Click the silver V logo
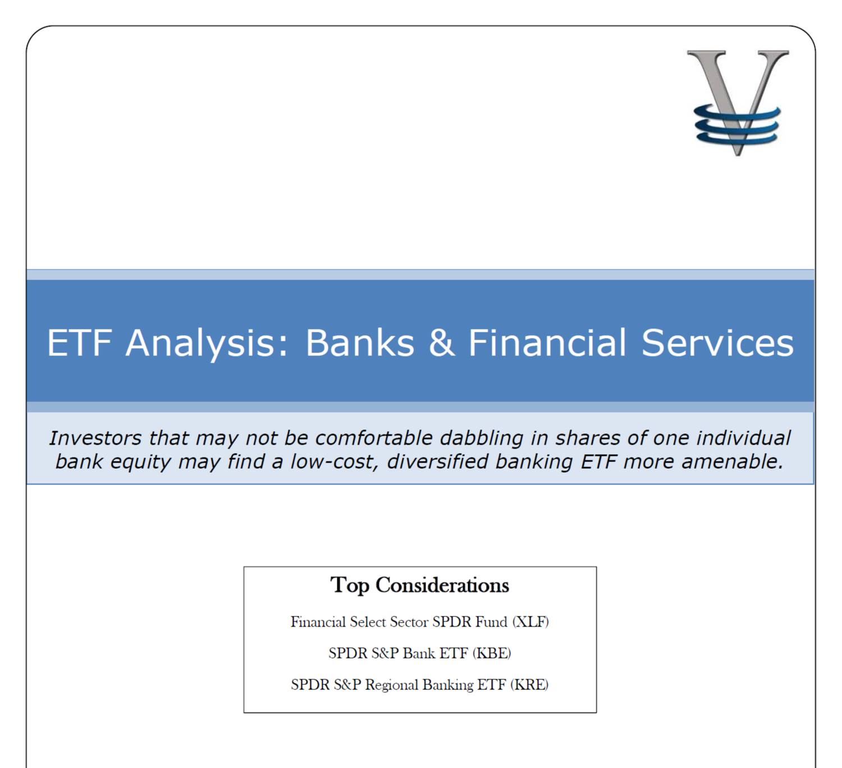pyautogui.click(x=738, y=103)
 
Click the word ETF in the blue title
pyautogui.click(x=79, y=342)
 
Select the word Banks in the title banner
pyautogui.click(x=360, y=342)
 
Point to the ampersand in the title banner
pyautogui.click(x=441, y=342)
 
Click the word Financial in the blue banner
pyautogui.click(x=547, y=342)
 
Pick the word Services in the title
pyautogui.click(x=717, y=342)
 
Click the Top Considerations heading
pyautogui.click(x=420, y=586)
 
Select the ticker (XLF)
pyautogui.click(x=530, y=622)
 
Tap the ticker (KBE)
pyautogui.click(x=492, y=653)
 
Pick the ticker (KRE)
pyautogui.click(x=529, y=685)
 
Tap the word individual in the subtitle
pyautogui.click(x=743, y=438)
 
